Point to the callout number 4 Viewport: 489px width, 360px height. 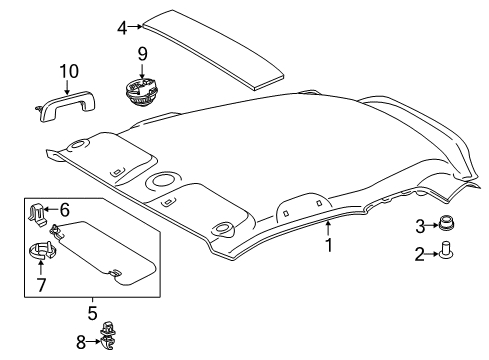122,27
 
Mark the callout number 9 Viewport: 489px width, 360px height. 143,52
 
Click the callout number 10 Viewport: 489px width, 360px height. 67,71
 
